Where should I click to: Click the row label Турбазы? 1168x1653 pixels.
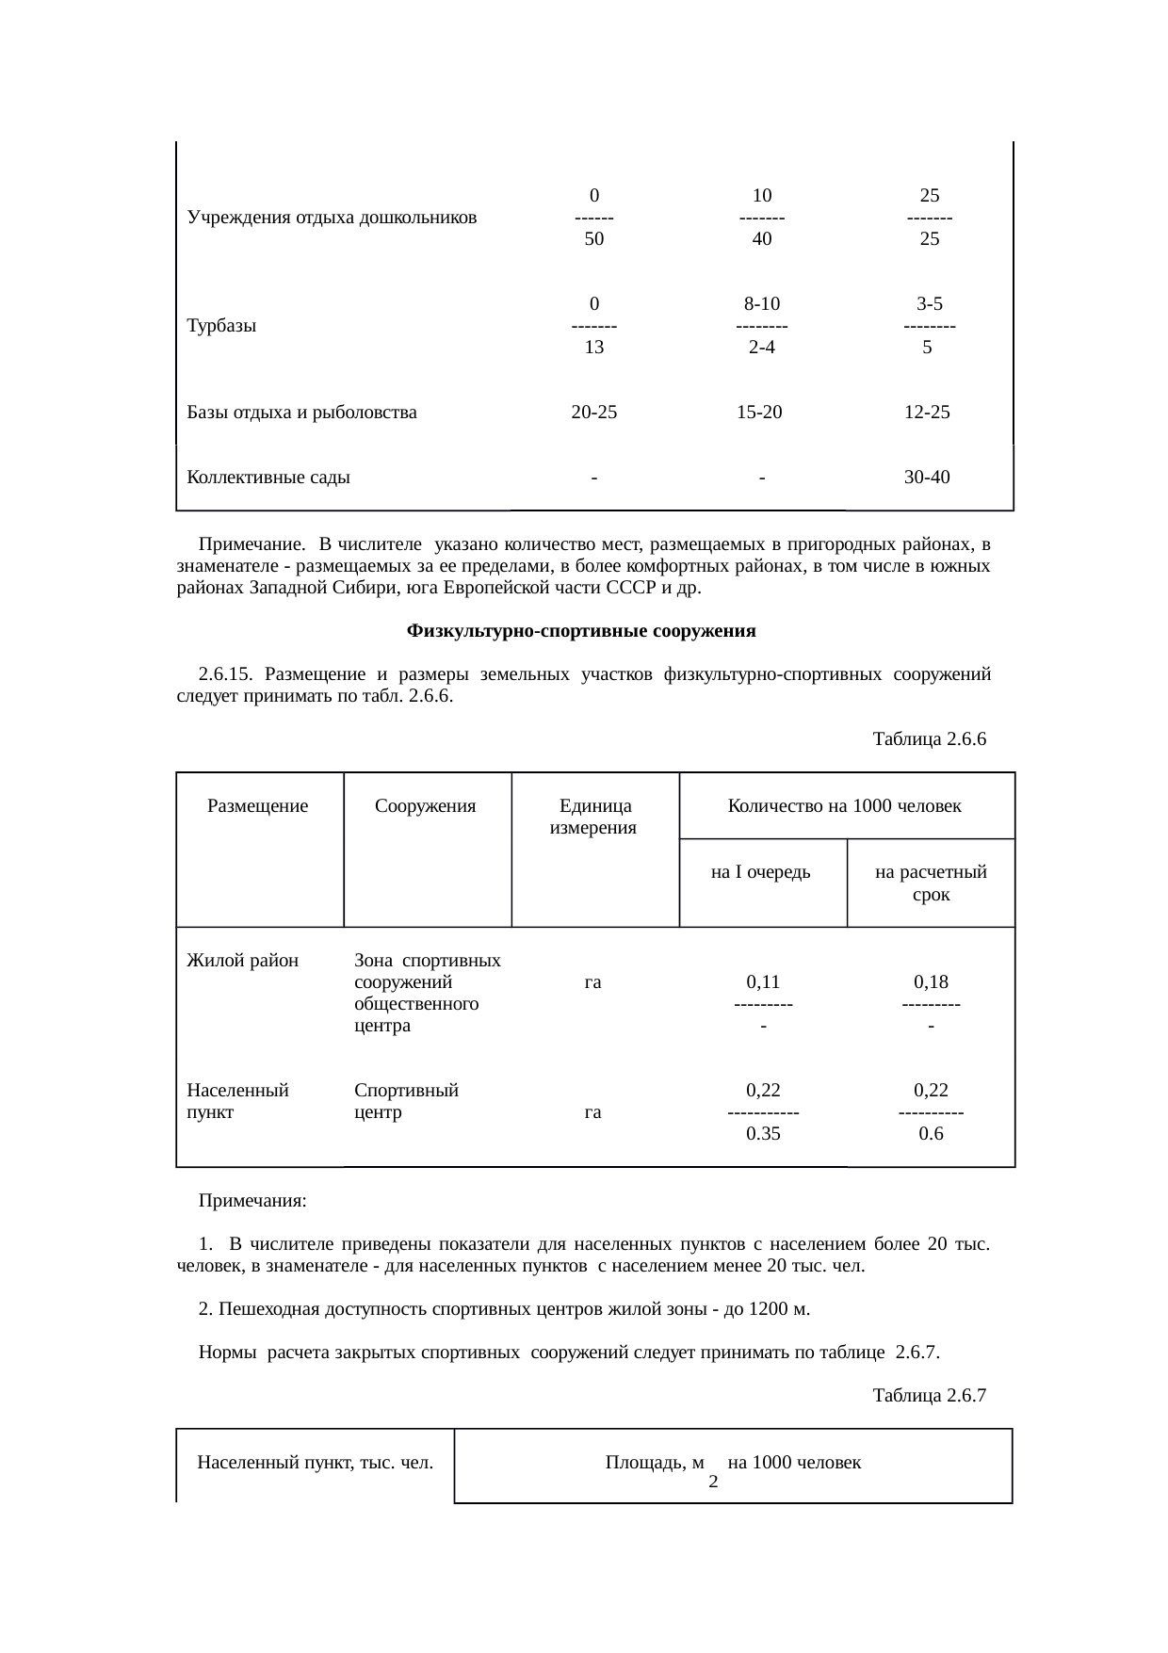pos(221,327)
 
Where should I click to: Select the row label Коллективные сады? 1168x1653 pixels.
pos(268,477)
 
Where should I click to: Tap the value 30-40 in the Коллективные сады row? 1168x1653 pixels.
pos(927,477)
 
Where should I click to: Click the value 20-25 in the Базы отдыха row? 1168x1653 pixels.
pos(593,412)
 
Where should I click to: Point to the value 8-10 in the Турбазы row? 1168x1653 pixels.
pos(761,304)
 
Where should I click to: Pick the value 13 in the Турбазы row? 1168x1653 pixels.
pos(593,347)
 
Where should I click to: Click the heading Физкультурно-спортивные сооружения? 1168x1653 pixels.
pos(581,631)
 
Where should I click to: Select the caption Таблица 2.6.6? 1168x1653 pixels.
pos(929,739)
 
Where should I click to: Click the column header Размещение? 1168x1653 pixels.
pos(257,806)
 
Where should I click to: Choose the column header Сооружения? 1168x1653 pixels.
pos(425,806)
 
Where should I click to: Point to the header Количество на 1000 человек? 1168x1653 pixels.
pos(844,806)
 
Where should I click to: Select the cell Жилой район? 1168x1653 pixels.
pos(242,961)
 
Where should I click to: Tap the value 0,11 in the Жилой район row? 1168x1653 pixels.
pos(762,982)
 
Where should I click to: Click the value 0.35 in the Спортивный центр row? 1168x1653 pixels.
pos(762,1134)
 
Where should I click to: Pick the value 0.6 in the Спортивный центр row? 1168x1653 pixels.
pos(930,1134)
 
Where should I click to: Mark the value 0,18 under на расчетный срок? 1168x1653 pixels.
pos(930,982)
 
